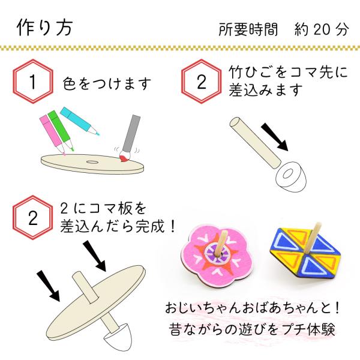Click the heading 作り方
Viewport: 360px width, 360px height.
tap(45, 28)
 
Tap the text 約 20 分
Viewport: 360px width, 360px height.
tap(322, 29)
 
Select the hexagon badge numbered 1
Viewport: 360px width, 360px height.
tap(33, 81)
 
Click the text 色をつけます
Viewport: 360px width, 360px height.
tap(107, 83)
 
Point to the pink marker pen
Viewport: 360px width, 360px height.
tap(52, 135)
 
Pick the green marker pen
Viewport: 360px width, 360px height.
tap(60, 130)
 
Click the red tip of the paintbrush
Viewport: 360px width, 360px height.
tap(124, 158)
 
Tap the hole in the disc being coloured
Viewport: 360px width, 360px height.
tap(92, 162)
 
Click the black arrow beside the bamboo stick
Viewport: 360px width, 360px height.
tap(275, 137)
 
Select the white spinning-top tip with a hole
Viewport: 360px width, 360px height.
tap(290, 176)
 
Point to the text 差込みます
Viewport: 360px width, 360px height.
tap(266, 90)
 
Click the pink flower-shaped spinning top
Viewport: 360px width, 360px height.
tap(216, 256)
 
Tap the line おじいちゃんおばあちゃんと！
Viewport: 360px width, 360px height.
tap(252, 307)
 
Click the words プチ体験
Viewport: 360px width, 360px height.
tap(308, 329)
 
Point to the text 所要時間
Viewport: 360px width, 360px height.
tap(248, 29)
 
